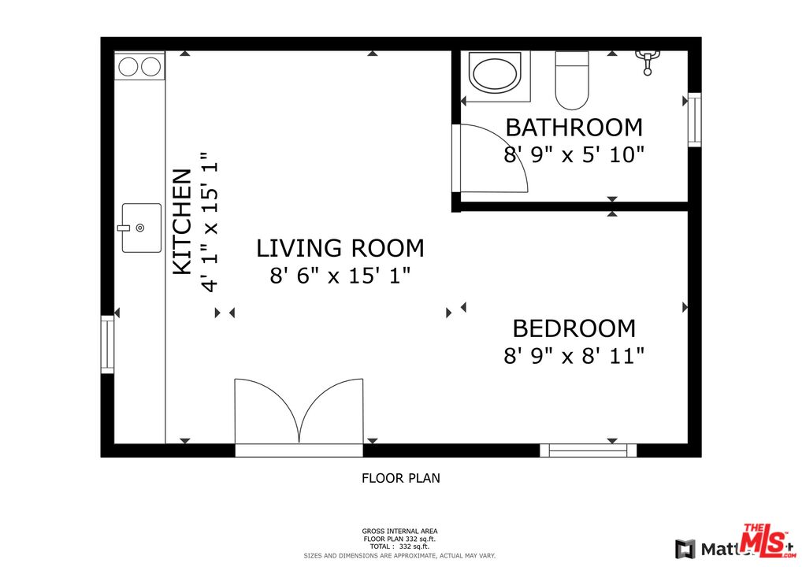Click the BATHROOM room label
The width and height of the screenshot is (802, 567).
(574, 127)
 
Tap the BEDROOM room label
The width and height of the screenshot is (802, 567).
(574, 328)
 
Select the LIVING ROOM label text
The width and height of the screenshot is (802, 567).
(340, 248)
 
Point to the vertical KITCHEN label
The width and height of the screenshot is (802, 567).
(182, 222)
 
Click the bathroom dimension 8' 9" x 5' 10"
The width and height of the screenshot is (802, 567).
(574, 154)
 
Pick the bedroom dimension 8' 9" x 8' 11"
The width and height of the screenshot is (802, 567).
(574, 355)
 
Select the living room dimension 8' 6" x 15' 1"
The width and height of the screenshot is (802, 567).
(340, 276)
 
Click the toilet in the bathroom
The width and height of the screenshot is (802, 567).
(571, 80)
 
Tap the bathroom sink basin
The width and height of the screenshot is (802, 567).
(494, 73)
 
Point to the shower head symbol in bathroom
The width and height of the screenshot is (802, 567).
(648, 60)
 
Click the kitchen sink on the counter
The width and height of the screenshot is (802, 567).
(141, 228)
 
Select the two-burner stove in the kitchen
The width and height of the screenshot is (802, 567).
(139, 67)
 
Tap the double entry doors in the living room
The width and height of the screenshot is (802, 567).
(299, 413)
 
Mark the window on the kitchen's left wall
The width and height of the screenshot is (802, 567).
(107, 344)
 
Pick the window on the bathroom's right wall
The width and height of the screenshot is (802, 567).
(694, 120)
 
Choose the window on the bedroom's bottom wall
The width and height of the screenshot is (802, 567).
(588, 450)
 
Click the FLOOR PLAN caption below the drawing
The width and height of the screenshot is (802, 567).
(400, 477)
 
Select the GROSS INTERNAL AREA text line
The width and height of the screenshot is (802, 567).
(399, 531)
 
